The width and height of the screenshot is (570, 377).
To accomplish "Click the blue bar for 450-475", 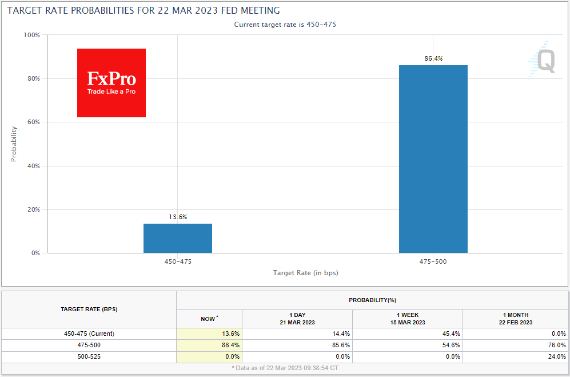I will pos(178,238).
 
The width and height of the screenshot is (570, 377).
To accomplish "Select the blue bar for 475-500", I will pos(433,159).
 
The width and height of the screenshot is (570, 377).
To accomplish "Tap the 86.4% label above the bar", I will pos(433,58).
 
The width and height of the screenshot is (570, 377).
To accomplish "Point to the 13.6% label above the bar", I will pos(177,217).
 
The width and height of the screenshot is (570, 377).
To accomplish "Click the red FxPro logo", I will pos(111,83).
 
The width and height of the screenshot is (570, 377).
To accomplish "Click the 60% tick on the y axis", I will pos(32,122).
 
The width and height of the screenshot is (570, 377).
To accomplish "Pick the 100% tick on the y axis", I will pos(31,35).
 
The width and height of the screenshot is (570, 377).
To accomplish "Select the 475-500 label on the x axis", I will pos(433,261).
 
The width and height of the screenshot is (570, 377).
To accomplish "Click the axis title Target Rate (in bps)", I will pos(305,273).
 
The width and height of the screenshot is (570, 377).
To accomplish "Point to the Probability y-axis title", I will pos(14,144).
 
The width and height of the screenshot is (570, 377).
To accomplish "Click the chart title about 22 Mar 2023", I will pos(144,11).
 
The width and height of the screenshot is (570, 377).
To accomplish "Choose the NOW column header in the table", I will pos(209,319).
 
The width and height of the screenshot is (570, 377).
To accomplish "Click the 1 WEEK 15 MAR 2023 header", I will pos(407,319).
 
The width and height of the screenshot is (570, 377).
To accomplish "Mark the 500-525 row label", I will pos(89,356).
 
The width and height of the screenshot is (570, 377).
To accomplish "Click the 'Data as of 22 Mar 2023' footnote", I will pos(285,367).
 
